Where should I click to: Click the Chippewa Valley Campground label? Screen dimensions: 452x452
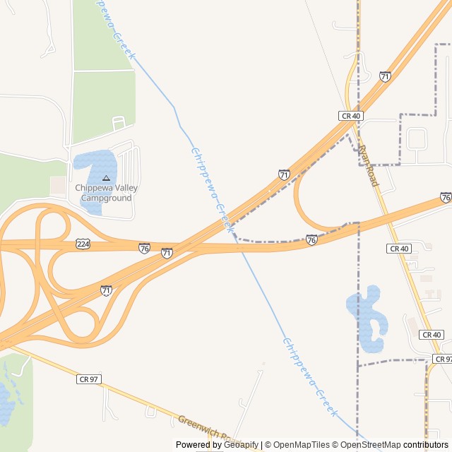pyautogui.click(x=106, y=193)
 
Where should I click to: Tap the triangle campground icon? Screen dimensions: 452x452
pyautogui.click(x=106, y=178)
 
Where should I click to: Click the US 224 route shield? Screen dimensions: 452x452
pyautogui.click(x=82, y=244)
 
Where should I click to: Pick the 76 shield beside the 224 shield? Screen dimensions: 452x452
pyautogui.click(x=144, y=248)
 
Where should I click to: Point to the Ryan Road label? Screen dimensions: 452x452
pyautogui.click(x=369, y=166)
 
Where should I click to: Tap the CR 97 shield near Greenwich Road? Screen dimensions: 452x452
pyautogui.click(x=88, y=379)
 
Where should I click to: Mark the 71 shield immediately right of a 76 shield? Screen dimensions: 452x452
pyautogui.click(x=167, y=252)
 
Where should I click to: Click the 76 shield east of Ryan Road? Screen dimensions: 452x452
pyautogui.click(x=446, y=197)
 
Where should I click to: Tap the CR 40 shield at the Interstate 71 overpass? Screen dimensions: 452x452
pyautogui.click(x=350, y=115)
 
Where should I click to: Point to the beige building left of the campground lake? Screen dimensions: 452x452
pyautogui.click(x=58, y=186)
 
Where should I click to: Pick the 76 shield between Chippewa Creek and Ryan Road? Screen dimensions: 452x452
pyautogui.click(x=311, y=240)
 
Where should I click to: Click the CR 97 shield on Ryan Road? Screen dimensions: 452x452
pyautogui.click(x=441, y=359)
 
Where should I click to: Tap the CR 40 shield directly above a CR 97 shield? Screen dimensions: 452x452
pyautogui.click(x=431, y=334)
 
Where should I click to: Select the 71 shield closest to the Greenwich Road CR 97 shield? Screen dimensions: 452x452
pyautogui.click(x=106, y=290)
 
